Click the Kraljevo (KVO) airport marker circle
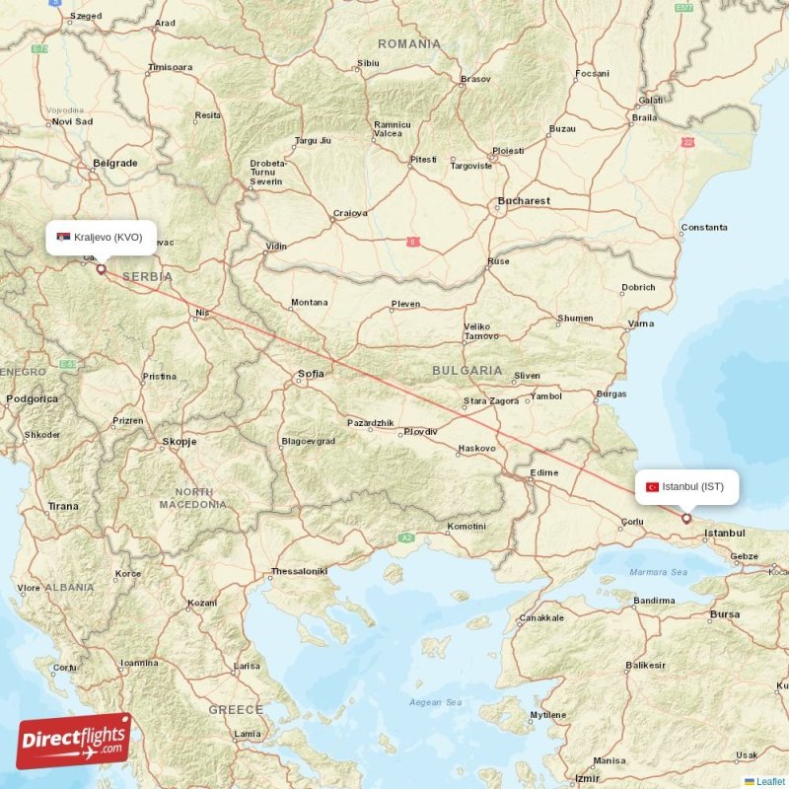(101, 267)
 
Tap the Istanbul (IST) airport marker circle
(686, 518)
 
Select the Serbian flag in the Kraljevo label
(63, 237)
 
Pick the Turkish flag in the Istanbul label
(652, 487)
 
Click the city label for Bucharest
(524, 201)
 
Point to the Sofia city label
(311, 374)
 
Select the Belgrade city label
(114, 163)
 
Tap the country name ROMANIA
(409, 44)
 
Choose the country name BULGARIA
(467, 371)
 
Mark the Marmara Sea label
(659, 572)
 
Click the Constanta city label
(704, 228)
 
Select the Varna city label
(641, 323)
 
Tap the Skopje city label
(179, 442)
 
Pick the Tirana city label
(63, 506)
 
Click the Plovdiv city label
(420, 432)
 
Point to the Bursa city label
(725, 614)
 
